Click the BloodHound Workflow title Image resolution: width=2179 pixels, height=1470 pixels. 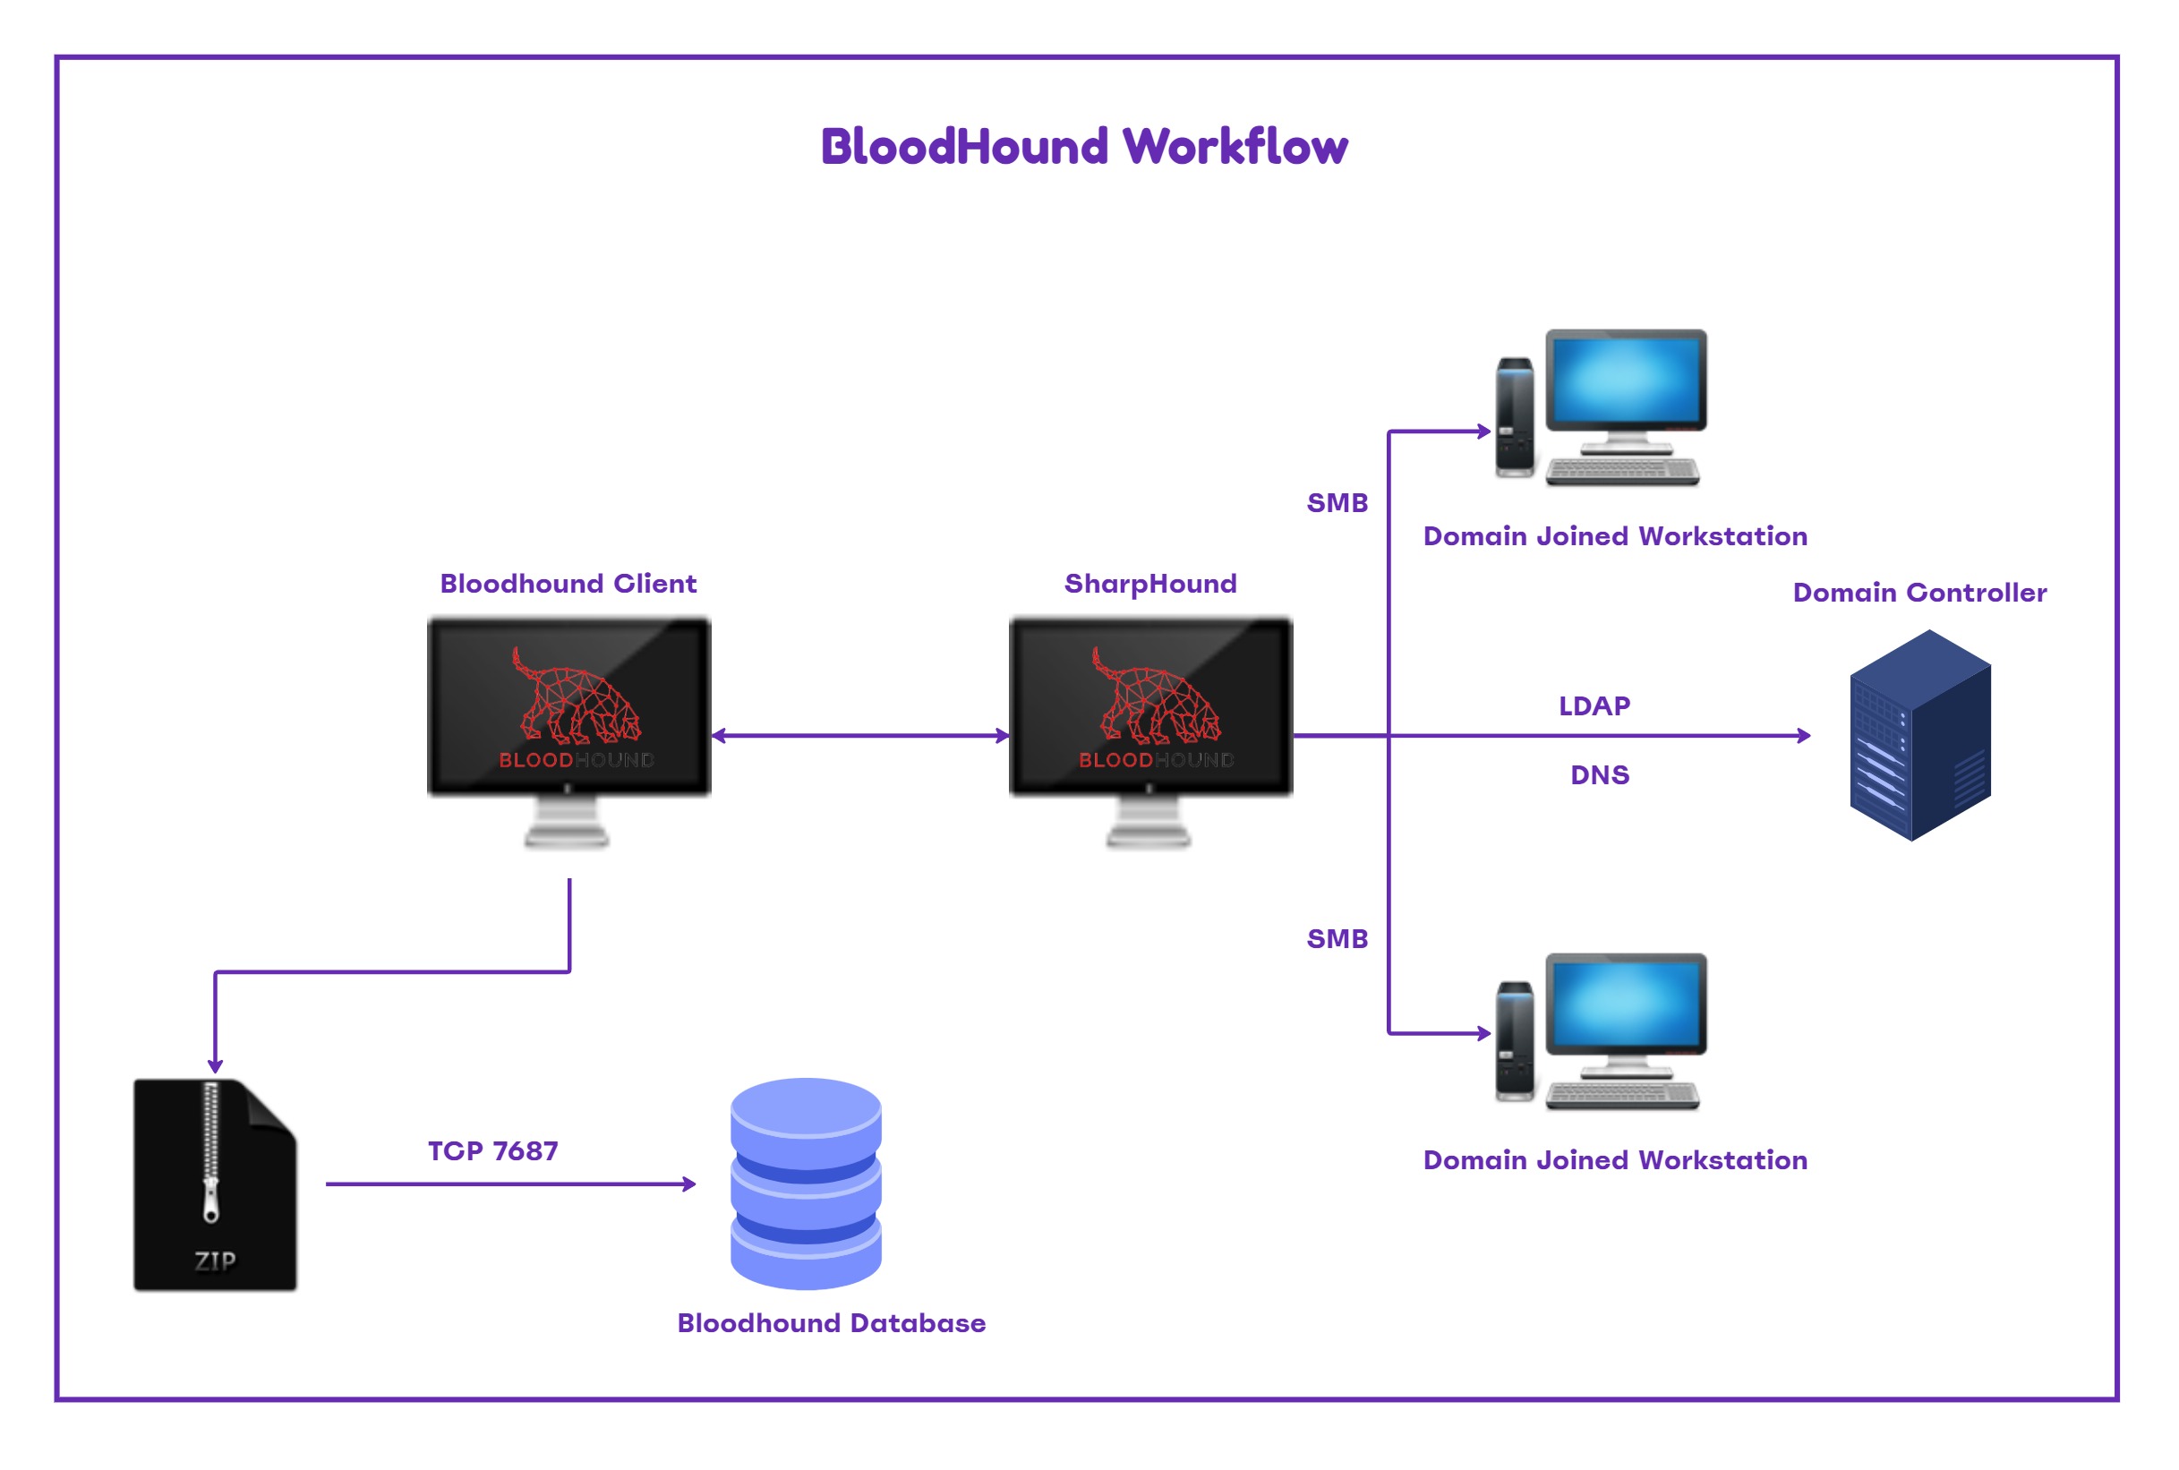(1083, 147)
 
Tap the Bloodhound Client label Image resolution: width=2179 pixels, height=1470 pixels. (568, 584)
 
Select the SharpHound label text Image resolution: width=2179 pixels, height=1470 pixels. (1150, 584)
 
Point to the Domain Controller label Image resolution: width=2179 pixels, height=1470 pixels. (1918, 593)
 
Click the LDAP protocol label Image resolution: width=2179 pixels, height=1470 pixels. (1594, 706)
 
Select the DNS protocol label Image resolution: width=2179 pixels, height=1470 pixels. (1599, 775)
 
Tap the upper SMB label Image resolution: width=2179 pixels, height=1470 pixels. (1337, 503)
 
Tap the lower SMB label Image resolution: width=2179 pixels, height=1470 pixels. (1337, 938)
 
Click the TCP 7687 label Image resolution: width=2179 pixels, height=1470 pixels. (493, 1151)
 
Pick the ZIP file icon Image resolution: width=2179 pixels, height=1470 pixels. (215, 1185)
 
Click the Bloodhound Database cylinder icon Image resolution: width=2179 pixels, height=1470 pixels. (805, 1184)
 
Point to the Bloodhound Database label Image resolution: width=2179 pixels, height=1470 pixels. (832, 1323)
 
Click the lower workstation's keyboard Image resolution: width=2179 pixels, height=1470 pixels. (1622, 1095)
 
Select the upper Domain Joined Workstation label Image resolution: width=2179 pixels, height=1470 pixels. (1614, 536)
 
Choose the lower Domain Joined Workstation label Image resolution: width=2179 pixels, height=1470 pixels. (1614, 1160)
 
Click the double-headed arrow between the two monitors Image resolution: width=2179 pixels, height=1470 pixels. (859, 736)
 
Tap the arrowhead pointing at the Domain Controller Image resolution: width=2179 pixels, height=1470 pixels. (1803, 736)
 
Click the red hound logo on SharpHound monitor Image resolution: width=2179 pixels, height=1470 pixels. (1155, 696)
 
